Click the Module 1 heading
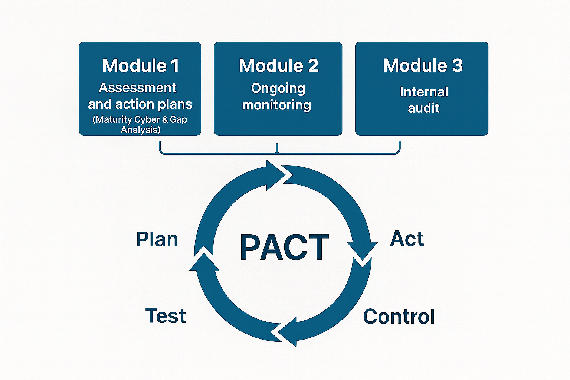141,66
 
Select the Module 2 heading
279,66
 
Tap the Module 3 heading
423,66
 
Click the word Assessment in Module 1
138,88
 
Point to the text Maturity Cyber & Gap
140,119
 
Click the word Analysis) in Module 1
141,130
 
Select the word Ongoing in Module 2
278,89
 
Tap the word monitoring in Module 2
276,105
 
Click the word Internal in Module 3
424,92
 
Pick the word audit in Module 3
423,108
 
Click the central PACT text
284,248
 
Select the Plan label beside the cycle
157,239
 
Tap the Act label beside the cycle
407,239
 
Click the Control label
399,317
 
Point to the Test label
166,316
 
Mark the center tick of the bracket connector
277,148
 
